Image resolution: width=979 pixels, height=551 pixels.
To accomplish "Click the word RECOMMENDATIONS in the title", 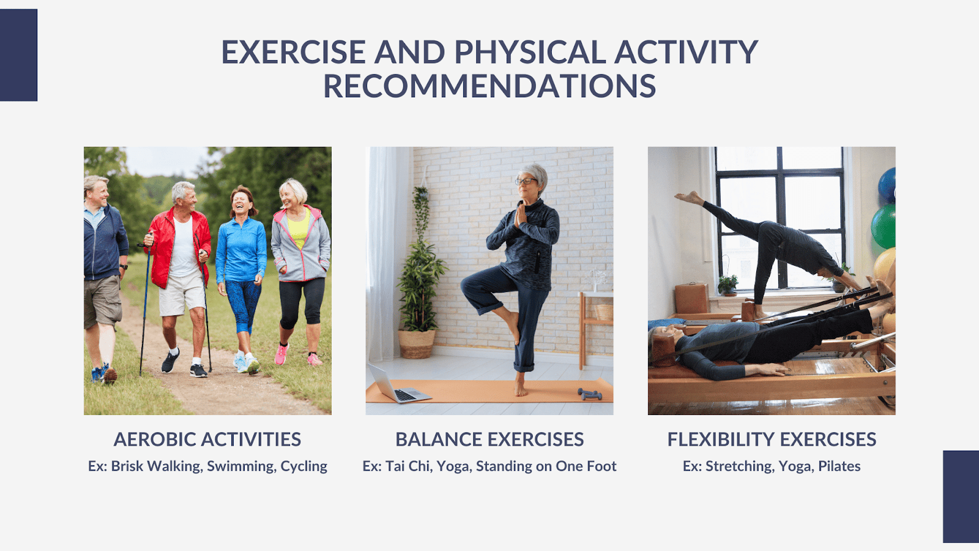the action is [489, 86].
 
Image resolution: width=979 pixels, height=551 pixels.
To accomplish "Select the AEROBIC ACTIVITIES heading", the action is [207, 440].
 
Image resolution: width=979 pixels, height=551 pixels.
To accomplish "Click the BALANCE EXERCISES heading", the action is [489, 440].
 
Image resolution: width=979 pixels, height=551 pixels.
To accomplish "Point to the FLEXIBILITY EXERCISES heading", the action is [772, 440].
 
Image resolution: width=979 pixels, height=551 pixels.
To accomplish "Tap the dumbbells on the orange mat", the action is [590, 394].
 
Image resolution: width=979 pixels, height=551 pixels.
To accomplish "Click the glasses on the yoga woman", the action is [526, 181].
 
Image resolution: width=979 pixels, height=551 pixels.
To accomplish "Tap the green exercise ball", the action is [884, 226].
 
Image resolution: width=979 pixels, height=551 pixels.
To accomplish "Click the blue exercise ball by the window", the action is [887, 186].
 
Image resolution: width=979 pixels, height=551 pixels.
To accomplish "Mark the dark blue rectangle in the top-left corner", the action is [18, 55].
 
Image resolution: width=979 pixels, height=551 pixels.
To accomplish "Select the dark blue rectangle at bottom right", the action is [961, 497].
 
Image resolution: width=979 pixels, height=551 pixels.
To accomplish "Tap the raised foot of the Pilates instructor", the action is [689, 198].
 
